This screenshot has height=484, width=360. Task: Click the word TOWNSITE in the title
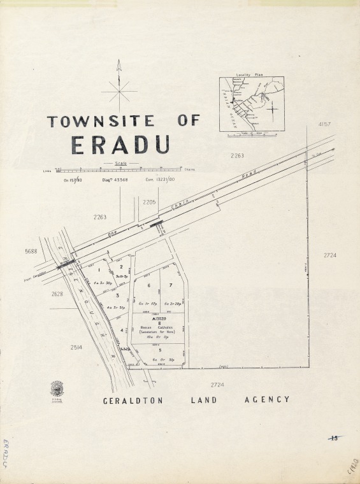click(x=101, y=120)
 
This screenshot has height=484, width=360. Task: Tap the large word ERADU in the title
click(x=120, y=145)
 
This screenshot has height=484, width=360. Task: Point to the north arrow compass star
click(x=119, y=92)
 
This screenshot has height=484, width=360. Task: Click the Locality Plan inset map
click(x=252, y=104)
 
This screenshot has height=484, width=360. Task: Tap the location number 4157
click(x=325, y=124)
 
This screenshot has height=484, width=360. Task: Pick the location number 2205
click(x=149, y=202)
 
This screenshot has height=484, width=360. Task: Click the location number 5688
click(x=31, y=252)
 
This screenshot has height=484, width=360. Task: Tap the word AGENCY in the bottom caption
click(x=267, y=400)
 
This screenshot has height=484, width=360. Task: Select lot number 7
click(x=171, y=285)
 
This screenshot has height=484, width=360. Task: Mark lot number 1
click(x=99, y=270)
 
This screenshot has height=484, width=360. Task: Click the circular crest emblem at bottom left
click(x=57, y=388)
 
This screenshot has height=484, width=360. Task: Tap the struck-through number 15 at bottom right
click(x=334, y=438)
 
